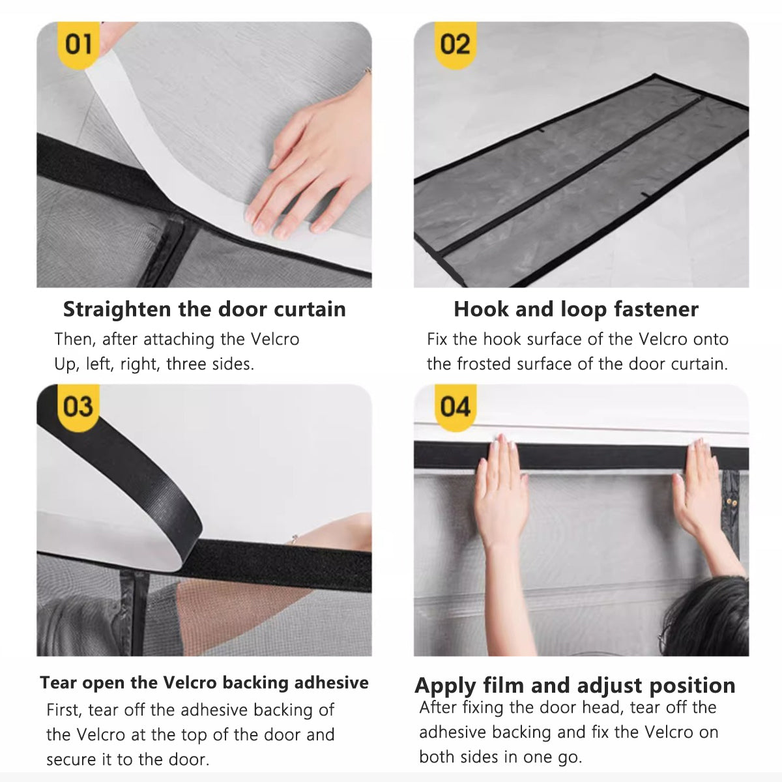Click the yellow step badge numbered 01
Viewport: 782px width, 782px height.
pyautogui.click(x=79, y=45)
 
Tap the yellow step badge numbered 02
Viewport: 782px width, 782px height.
pyautogui.click(x=455, y=45)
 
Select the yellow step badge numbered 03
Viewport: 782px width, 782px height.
pyautogui.click(x=78, y=407)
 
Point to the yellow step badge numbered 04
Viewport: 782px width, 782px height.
pyautogui.click(x=455, y=407)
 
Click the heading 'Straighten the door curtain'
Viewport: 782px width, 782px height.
pyautogui.click(x=204, y=309)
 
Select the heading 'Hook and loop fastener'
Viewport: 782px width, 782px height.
pyautogui.click(x=576, y=309)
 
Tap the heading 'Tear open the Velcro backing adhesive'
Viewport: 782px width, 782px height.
pyautogui.click(x=204, y=682)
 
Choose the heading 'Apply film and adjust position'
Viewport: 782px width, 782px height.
pyautogui.click(x=575, y=686)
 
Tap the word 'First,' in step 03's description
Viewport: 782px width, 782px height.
pyautogui.click(x=64, y=710)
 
